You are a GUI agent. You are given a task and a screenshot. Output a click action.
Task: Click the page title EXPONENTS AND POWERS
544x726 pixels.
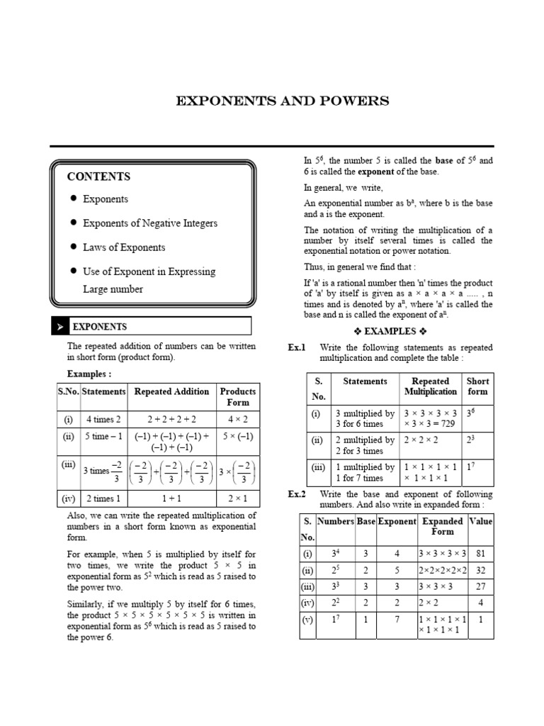tap(282, 101)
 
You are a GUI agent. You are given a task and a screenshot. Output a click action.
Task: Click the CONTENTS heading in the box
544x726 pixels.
tap(98, 177)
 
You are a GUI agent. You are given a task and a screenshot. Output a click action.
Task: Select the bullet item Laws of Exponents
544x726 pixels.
tap(124, 247)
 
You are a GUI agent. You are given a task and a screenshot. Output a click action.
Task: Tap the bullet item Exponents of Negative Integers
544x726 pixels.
tap(150, 223)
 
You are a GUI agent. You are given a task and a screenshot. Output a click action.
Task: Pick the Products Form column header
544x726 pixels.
tap(238, 396)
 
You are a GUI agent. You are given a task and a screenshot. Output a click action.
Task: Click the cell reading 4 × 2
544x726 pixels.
tap(238, 420)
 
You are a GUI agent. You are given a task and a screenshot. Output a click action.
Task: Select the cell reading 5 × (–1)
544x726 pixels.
tap(238, 437)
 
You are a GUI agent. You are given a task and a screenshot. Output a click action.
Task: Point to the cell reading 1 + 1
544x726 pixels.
tap(171, 499)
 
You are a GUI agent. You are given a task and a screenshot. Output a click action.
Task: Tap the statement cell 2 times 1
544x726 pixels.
tap(103, 499)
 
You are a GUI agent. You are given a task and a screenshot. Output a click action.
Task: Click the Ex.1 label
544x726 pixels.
tap(296, 347)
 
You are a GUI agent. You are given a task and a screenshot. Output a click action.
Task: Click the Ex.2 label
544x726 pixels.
tap(296, 494)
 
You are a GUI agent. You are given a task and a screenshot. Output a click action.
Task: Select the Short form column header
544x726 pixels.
tap(477, 386)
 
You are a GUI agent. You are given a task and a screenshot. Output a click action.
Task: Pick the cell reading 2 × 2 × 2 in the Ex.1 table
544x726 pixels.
tap(421, 440)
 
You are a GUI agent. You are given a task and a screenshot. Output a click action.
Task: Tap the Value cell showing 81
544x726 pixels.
tap(481, 554)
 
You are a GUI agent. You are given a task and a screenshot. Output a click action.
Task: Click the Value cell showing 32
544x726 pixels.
tap(481, 570)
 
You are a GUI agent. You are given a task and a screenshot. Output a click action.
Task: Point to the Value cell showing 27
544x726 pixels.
tap(481, 586)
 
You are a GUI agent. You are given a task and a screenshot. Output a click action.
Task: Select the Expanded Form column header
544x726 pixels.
tap(443, 526)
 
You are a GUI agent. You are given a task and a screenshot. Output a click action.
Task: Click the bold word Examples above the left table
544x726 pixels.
tap(89, 374)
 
